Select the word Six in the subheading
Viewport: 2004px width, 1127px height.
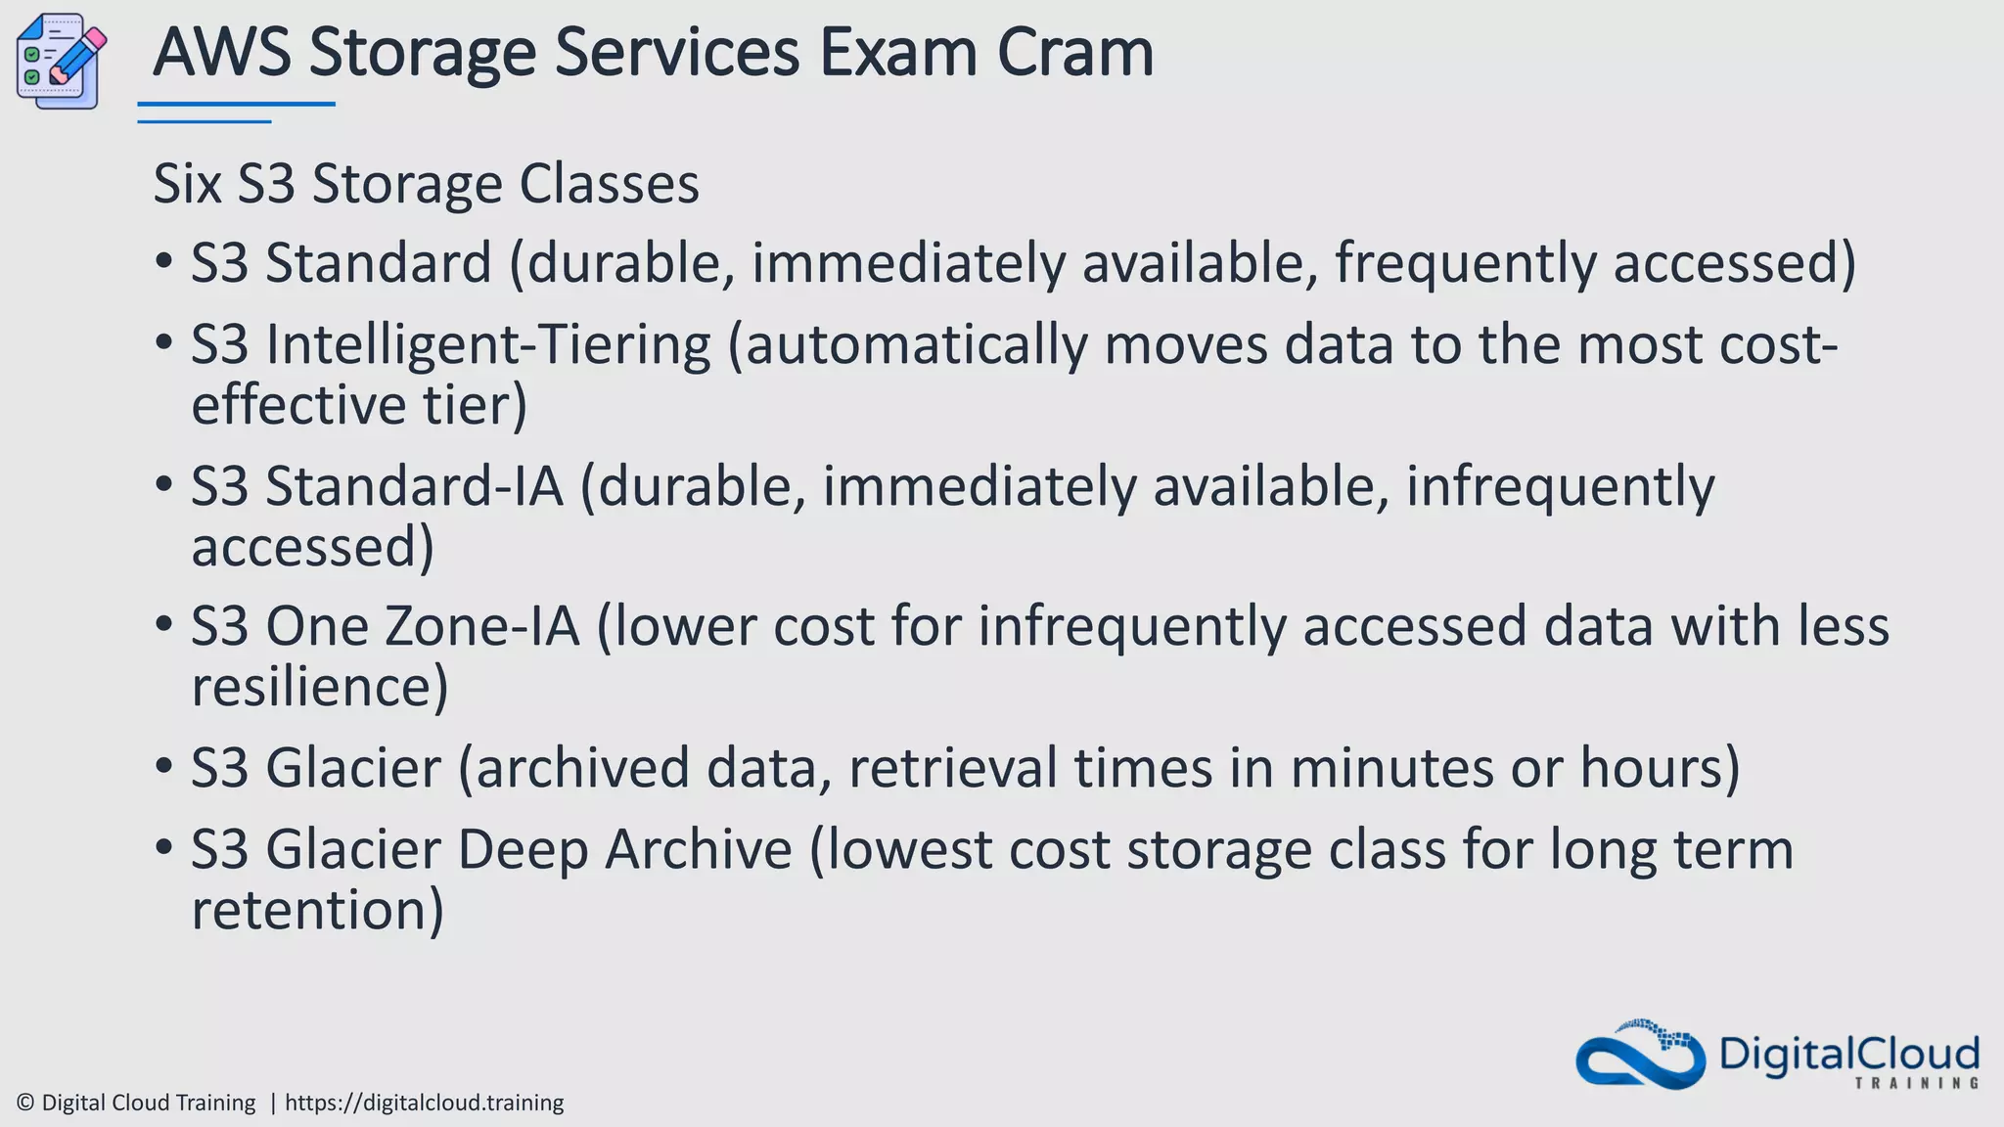click(187, 184)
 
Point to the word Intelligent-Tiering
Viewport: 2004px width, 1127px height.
click(487, 346)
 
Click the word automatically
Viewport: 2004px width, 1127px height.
click(916, 346)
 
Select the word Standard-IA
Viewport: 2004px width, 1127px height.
click(414, 486)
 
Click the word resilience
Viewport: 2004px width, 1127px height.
click(319, 687)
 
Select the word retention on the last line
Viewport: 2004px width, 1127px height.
click(316, 910)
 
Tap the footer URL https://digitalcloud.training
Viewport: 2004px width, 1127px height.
click(424, 1104)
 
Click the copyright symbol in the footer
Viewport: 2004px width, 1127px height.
click(26, 1104)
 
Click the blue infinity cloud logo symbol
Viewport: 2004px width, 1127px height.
click(1640, 1057)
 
